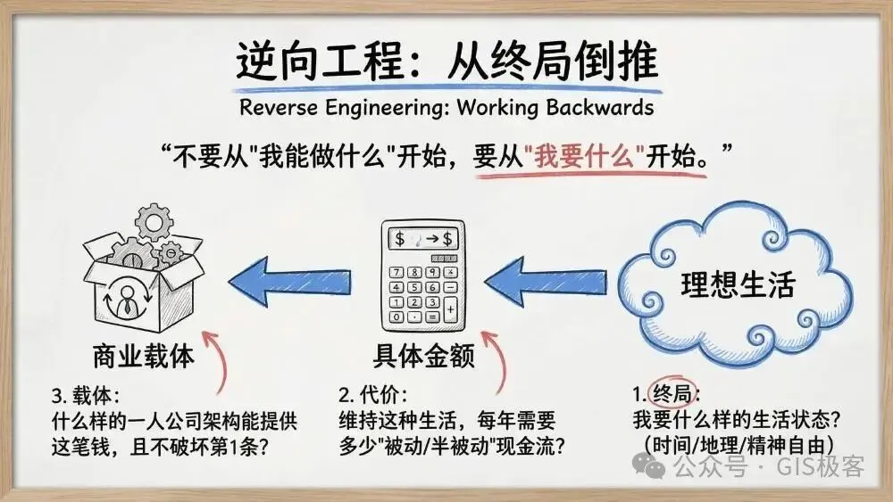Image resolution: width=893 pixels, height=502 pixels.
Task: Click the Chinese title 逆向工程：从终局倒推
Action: pyautogui.click(x=446, y=61)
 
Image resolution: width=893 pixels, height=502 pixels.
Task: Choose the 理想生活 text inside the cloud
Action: pyautogui.click(x=738, y=285)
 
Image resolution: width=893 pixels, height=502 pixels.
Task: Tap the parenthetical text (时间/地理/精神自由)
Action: pyautogui.click(x=738, y=443)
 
